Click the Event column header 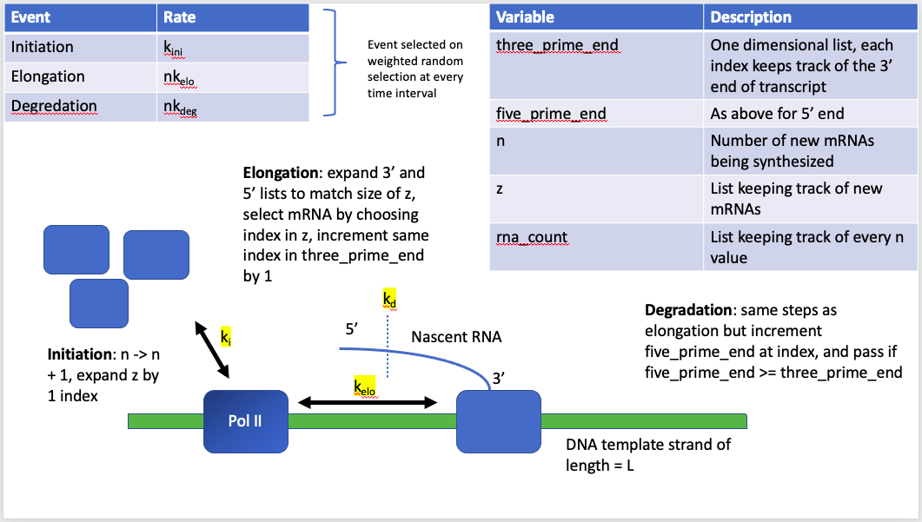pos(30,17)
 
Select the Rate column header pos(180,17)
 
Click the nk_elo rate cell pos(179,78)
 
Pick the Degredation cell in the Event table pos(54,106)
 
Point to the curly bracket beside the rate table pos(331,62)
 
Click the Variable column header pos(525,17)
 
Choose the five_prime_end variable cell pos(551,113)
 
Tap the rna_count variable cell pos(532,236)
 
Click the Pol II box pos(245,421)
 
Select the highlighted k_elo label pos(364,387)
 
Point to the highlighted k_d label pos(388,300)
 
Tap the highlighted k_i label pos(225,336)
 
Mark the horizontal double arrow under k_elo pos(367,402)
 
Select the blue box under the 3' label pos(498,421)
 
